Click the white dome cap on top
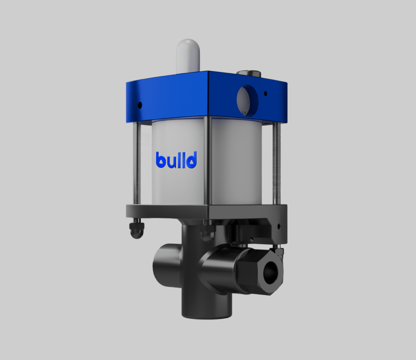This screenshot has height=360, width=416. pyautogui.click(x=188, y=56)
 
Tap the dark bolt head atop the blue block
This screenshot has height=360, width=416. pyautogui.click(x=249, y=73)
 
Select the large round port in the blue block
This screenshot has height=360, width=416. pyautogui.click(x=247, y=101)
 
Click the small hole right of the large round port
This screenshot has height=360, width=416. pyautogui.click(x=265, y=94)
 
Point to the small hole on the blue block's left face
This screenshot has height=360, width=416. pyautogui.click(x=140, y=105)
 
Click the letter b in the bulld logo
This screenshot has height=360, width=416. pyautogui.click(x=161, y=160)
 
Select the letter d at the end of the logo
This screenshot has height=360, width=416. pyautogui.click(x=191, y=160)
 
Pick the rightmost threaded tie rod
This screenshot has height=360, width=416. pyautogui.click(x=276, y=163)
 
